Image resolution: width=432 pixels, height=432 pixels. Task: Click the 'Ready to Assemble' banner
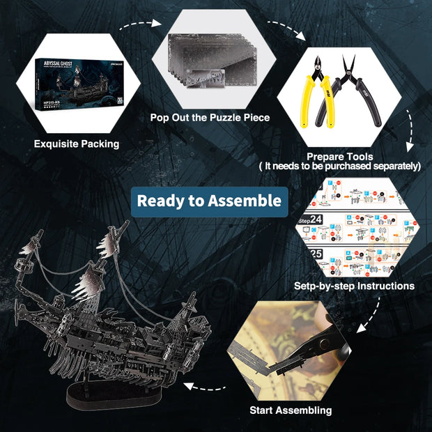pos(210,201)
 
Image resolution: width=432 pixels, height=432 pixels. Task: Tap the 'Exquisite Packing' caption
pos(77,144)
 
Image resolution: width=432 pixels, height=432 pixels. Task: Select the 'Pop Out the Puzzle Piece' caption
pos(210,117)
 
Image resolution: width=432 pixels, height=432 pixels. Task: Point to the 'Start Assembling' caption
pos(291,410)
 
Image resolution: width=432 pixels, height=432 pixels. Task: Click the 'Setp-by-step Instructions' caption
pos(364,286)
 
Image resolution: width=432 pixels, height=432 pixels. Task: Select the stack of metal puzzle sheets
pos(209,66)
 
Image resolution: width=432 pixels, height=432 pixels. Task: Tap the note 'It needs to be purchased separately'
pos(340,167)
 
